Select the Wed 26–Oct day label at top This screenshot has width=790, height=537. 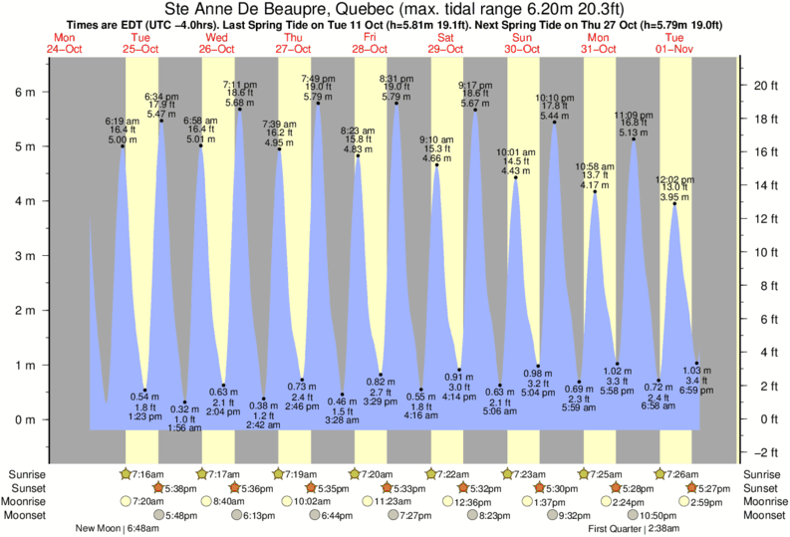click(x=217, y=43)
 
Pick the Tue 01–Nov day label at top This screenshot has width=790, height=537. click(x=675, y=43)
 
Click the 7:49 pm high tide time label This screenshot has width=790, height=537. click(x=318, y=78)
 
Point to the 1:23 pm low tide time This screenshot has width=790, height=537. click(x=145, y=415)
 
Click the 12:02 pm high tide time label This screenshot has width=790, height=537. click(x=674, y=179)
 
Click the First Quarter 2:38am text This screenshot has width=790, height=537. click(x=636, y=529)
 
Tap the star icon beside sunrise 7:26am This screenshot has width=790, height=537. click(x=660, y=473)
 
